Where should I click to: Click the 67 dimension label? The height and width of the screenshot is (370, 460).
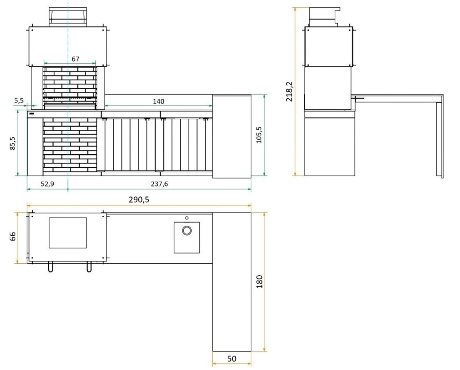pyautogui.click(x=75, y=59)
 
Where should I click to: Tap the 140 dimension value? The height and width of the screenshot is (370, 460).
pyautogui.click(x=158, y=101)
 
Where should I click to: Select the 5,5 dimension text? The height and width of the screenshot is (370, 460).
pyautogui.click(x=19, y=100)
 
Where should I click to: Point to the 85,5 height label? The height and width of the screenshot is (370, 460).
pyautogui.click(x=13, y=143)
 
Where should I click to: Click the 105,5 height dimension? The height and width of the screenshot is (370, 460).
pyautogui.click(x=259, y=135)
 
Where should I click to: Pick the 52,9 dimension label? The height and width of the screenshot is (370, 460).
pyautogui.click(x=47, y=184)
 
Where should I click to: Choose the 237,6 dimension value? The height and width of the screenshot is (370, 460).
pyautogui.click(x=159, y=184)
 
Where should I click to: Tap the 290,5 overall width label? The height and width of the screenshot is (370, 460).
pyautogui.click(x=139, y=200)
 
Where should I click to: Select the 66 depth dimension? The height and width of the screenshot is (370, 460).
pyautogui.click(x=13, y=236)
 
